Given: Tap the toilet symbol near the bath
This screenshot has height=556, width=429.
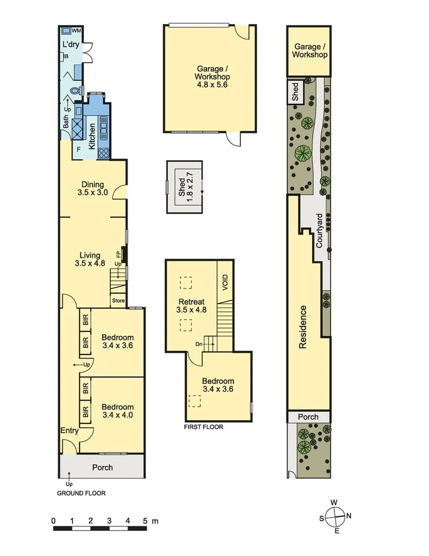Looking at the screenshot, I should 74,91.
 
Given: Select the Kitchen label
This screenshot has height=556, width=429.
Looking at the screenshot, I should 92,136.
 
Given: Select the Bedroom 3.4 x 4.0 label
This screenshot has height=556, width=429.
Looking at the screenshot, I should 117,410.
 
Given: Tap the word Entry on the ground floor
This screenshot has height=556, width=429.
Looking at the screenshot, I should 69,431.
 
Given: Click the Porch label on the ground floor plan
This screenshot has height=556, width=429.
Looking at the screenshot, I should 102,467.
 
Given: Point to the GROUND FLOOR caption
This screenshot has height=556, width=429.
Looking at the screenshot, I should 81,494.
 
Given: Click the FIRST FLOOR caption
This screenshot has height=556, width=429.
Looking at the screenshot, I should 204,428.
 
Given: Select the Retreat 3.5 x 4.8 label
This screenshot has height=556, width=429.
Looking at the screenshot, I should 192,306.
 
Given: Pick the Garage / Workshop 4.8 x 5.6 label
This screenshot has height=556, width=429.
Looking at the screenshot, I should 212,77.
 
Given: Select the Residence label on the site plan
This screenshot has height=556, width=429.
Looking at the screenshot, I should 303,327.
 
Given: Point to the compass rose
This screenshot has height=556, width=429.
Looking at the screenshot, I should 336,516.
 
